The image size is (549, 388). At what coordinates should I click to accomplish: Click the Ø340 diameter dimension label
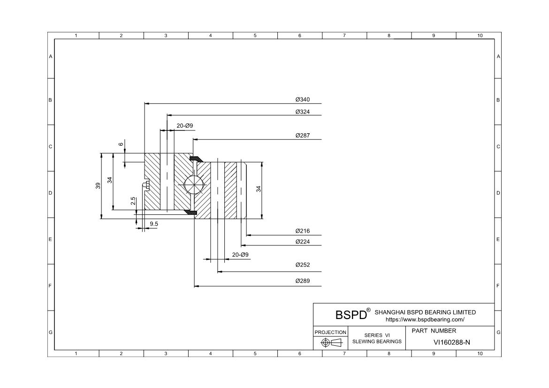tap(303, 99)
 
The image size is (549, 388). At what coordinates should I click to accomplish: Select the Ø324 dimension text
tap(303, 112)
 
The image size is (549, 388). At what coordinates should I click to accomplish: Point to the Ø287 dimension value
tap(303, 135)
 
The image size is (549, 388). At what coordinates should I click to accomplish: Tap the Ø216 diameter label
tap(303, 231)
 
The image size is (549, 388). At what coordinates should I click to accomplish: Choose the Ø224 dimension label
tap(303, 241)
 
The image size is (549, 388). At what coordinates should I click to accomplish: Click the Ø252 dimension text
tap(303, 265)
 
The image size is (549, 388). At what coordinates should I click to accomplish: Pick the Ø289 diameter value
tap(303, 281)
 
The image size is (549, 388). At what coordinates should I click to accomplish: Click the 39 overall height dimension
tap(98, 186)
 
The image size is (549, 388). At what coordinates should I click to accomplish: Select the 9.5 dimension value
tap(154, 224)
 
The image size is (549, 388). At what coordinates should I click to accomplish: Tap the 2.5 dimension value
tap(133, 201)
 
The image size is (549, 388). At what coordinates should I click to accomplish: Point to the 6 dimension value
tap(121, 145)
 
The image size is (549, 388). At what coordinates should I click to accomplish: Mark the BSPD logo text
tap(351, 314)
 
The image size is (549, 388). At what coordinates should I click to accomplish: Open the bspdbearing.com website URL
tap(425, 320)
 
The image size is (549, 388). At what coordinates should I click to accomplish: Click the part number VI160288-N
tap(452, 342)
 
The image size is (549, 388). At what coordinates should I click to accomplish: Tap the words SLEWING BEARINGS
tap(377, 342)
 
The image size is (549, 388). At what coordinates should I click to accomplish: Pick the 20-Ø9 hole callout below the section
tap(240, 255)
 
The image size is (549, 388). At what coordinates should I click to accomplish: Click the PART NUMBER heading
tap(434, 331)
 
